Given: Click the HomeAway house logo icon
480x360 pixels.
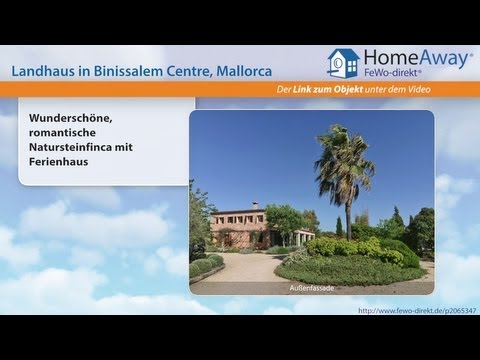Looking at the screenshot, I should tap(342, 64).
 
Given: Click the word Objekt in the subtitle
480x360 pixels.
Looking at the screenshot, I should tap(363, 91).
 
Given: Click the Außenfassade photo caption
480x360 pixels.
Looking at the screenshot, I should tap(311, 287).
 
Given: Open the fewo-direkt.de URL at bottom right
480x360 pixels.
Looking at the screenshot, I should tap(411, 312).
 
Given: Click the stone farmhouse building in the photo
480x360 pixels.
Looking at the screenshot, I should tap(240, 228).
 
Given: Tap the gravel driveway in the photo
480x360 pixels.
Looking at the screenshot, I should tap(240, 268).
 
